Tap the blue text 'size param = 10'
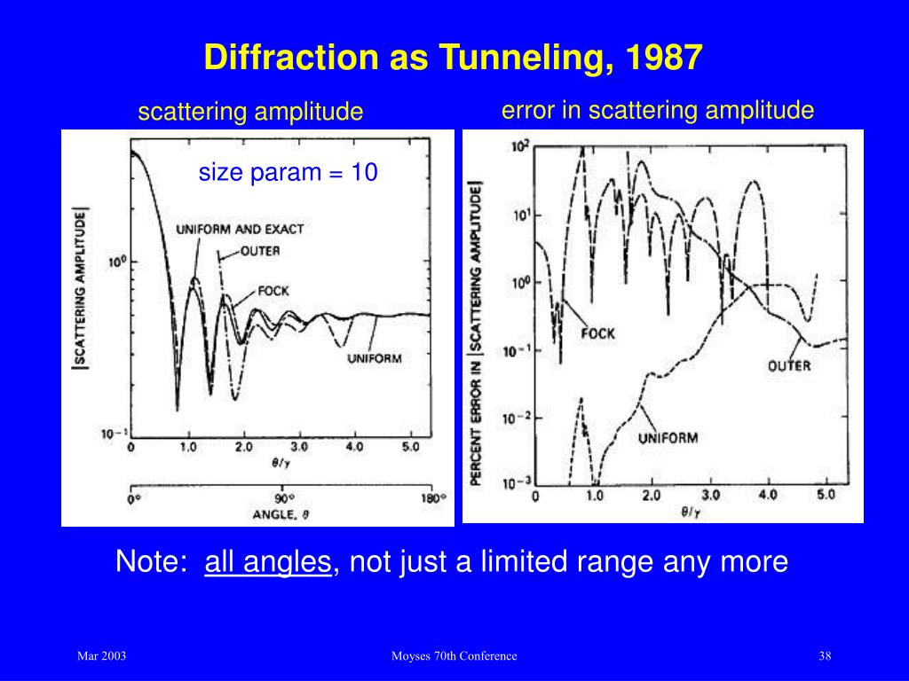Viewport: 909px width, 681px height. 288,172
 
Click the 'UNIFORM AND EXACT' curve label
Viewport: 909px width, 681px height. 239,229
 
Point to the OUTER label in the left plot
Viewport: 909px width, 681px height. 260,251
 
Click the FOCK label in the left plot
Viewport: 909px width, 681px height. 273,291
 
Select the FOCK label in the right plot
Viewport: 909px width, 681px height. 597,333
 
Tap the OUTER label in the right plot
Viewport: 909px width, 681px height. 789,364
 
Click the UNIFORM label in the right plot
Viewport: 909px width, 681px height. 668,437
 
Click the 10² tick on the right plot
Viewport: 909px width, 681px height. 518,147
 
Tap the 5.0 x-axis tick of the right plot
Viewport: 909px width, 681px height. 826,495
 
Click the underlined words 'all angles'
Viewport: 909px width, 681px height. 268,562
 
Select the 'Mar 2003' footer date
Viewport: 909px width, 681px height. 101,656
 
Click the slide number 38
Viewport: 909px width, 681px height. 825,656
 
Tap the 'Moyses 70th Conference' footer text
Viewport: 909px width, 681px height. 454,656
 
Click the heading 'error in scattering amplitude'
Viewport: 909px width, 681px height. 657,110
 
